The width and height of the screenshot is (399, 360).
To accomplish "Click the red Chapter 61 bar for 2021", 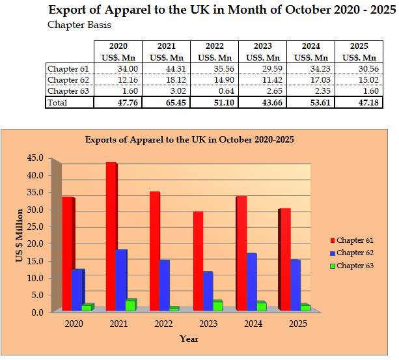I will tap(111, 236).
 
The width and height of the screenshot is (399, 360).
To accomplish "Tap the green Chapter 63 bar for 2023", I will tap(217, 305).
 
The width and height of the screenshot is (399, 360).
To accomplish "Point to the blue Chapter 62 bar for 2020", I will tap(77, 289).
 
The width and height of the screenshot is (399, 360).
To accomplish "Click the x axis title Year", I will tap(189, 339).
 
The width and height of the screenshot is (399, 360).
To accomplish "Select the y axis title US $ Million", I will tap(20, 236).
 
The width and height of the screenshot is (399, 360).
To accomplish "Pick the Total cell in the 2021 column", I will tap(166, 102).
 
